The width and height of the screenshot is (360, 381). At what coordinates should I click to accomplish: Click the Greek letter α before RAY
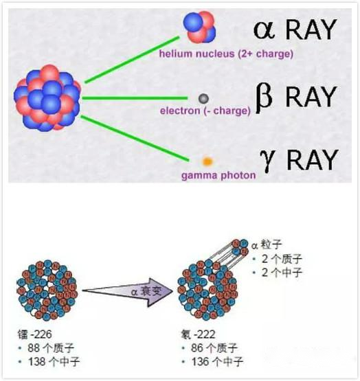265,30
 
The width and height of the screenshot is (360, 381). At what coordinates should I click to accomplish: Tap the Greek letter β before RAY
264,98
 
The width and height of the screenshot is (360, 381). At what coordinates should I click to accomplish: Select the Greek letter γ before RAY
267,161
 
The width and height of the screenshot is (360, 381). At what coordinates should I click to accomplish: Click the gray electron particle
203,99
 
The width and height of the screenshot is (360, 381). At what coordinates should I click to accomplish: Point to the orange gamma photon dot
207,161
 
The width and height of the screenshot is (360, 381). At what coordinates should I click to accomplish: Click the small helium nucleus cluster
199,27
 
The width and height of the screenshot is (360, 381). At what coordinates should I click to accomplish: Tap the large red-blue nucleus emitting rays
47,98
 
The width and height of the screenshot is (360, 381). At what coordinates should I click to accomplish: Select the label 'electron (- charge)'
205,111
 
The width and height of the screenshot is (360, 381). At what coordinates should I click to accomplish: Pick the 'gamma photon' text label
218,176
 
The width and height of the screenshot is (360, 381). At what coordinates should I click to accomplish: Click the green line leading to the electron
135,98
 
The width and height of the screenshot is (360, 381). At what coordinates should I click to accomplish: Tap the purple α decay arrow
128,292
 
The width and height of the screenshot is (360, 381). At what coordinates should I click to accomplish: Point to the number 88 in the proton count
34,348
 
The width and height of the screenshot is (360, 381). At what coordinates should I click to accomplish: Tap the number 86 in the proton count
197,348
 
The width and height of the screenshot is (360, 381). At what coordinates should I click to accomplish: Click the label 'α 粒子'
267,244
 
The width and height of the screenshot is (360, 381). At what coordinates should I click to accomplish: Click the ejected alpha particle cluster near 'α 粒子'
240,247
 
